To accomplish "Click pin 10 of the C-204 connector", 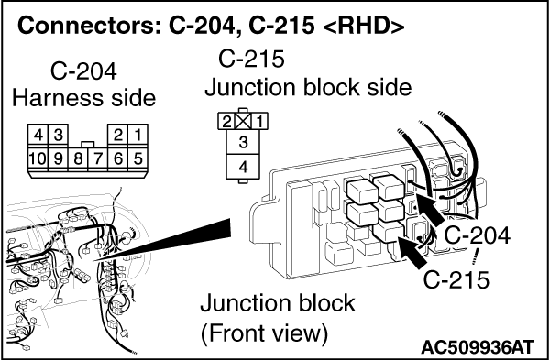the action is (x=38, y=158).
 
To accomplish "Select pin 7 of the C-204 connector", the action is (x=98, y=158).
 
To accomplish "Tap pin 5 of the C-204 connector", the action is (x=137, y=158).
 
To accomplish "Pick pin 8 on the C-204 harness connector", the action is (x=78, y=158).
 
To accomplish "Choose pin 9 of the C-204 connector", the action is (x=58, y=158).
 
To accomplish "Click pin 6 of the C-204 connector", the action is (x=118, y=158).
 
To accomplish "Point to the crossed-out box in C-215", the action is (x=243, y=121).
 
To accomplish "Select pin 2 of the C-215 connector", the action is (x=227, y=121).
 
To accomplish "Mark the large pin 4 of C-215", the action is (x=243, y=167).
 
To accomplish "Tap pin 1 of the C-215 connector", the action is (x=259, y=121).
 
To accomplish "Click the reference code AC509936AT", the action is (x=478, y=347).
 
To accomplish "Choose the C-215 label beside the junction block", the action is (x=456, y=279).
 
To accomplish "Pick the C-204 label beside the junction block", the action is (x=478, y=235).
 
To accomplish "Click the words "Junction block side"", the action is (x=308, y=87).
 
